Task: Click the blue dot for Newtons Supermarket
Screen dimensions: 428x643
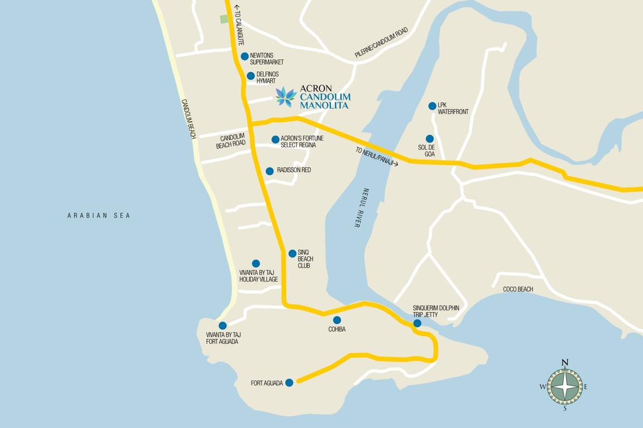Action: pos(244,56)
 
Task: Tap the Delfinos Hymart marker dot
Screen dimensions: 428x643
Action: pos(250,76)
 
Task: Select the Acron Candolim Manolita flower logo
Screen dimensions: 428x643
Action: pos(286,97)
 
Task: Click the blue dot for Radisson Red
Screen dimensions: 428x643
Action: pos(269,171)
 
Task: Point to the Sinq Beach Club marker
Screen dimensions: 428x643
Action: pos(292,254)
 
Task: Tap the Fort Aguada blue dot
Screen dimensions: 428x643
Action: pos(289,382)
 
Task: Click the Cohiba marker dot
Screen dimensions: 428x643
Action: pos(337,320)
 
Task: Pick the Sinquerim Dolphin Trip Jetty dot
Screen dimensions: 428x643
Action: pos(417,323)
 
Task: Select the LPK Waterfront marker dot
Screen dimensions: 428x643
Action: pos(432,106)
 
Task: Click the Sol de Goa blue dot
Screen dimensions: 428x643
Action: pos(429,139)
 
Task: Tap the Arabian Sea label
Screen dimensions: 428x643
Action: pos(99,216)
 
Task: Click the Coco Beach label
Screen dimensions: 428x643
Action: pos(518,289)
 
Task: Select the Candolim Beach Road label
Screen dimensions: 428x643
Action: pos(231,141)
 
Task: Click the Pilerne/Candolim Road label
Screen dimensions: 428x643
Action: pos(381,42)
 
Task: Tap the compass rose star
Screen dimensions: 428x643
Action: pos(564,386)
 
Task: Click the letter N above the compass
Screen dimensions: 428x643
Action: pos(564,363)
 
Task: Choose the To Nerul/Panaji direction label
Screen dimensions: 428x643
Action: pos(377,157)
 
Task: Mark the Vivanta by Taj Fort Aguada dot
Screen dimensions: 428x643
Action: pos(223,325)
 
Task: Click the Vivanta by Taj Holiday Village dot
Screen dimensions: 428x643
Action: pos(256,264)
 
